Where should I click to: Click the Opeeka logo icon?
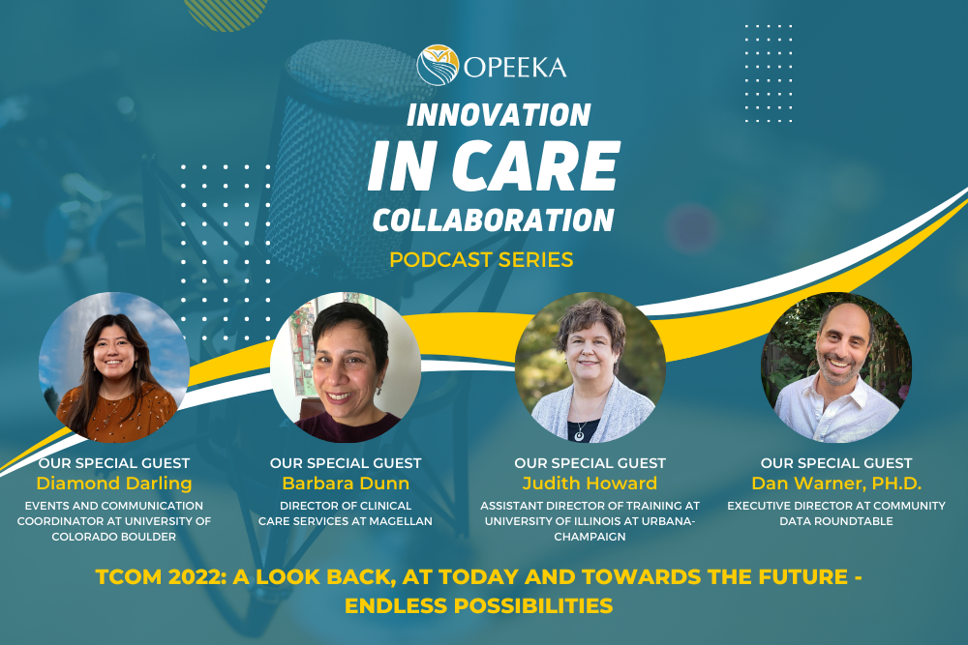click(x=438, y=65)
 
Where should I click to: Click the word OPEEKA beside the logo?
click(x=515, y=67)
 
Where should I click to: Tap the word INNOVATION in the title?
click(x=499, y=115)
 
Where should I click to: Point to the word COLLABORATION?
click(x=493, y=220)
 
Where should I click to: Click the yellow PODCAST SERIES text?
click(x=481, y=259)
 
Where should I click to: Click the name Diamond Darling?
click(x=113, y=484)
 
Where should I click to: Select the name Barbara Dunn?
click(x=346, y=484)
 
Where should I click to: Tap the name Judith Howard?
click(x=590, y=484)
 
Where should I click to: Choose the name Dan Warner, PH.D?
click(x=836, y=484)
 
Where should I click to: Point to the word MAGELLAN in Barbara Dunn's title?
click(x=402, y=522)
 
